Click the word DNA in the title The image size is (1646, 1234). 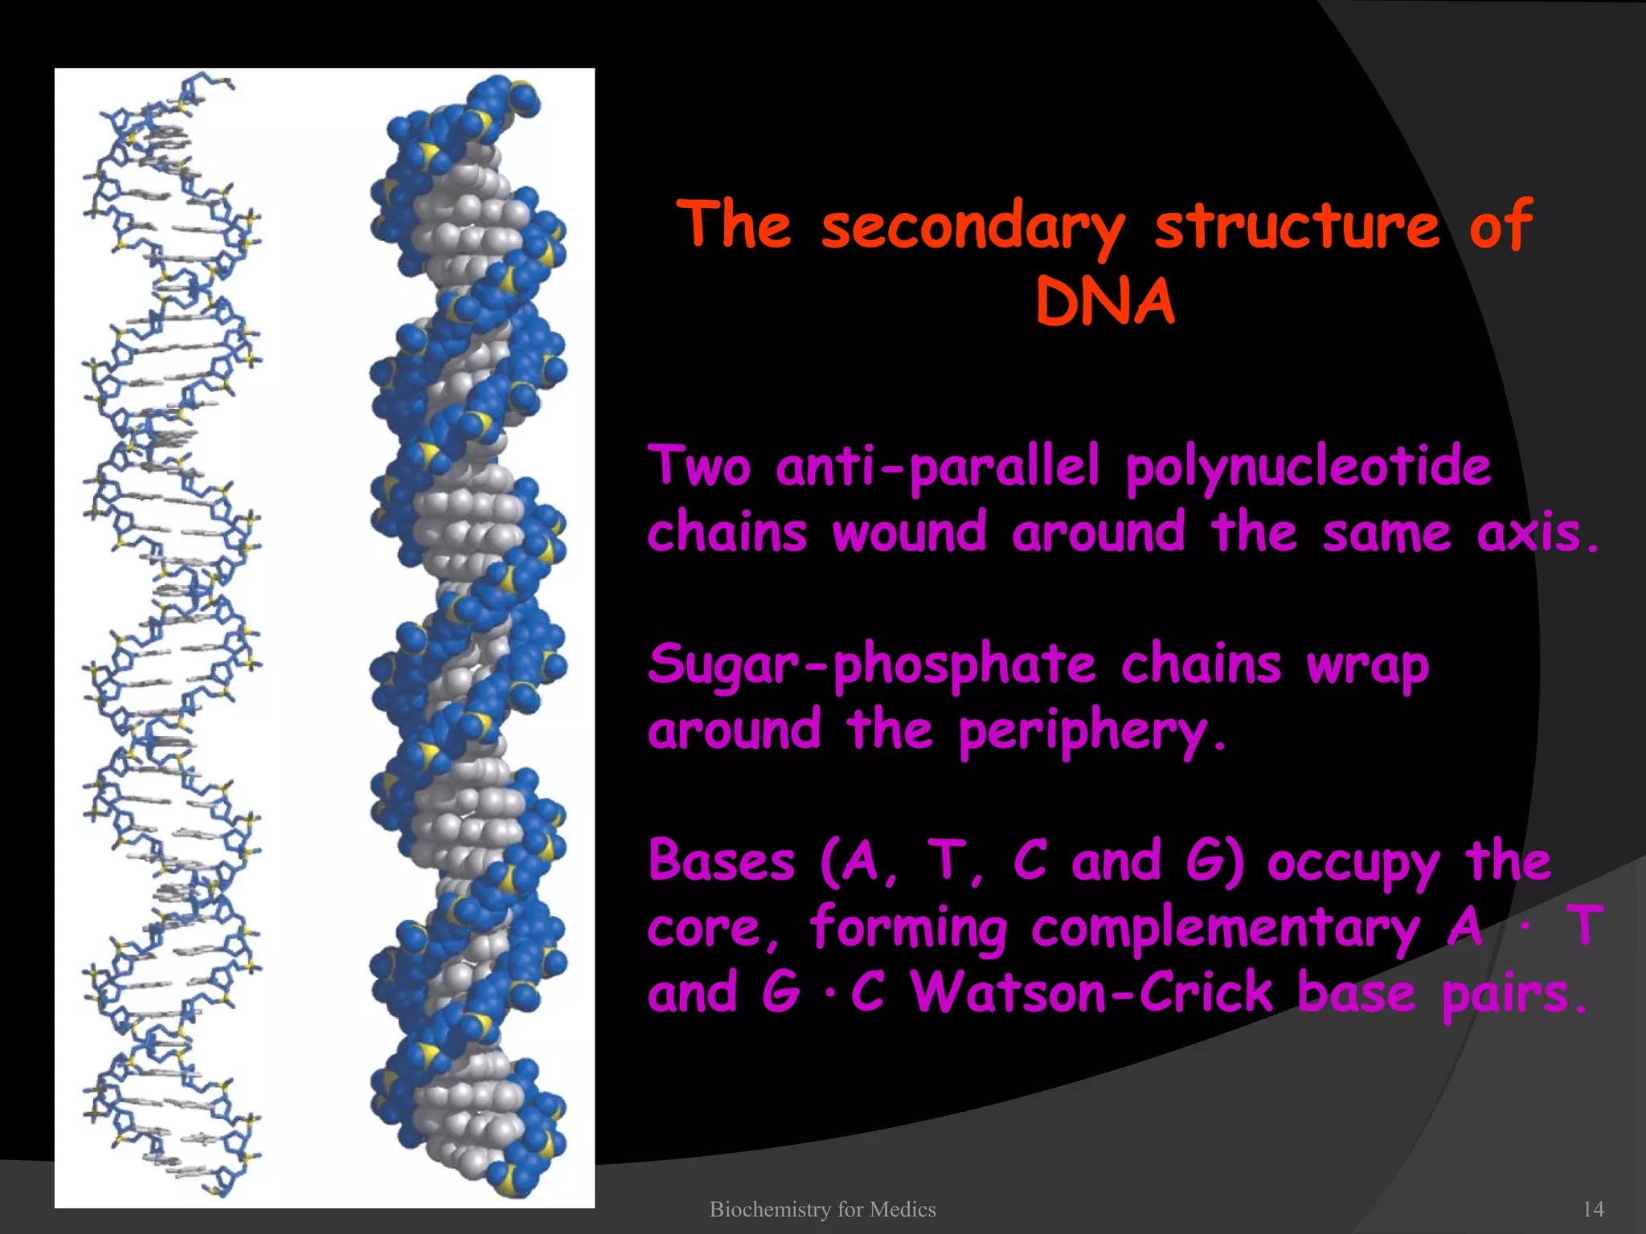point(1105,304)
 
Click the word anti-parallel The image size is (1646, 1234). point(937,468)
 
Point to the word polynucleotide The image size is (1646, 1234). point(1308,468)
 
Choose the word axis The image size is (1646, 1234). point(1536,533)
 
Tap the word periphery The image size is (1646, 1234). point(1091,733)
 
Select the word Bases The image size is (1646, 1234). point(721,861)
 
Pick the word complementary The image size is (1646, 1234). point(1226,929)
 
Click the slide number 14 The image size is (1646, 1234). point(1593,1209)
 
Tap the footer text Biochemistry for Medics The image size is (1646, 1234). point(822,1209)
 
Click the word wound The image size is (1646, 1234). point(909,533)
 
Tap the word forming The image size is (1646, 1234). point(907,929)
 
